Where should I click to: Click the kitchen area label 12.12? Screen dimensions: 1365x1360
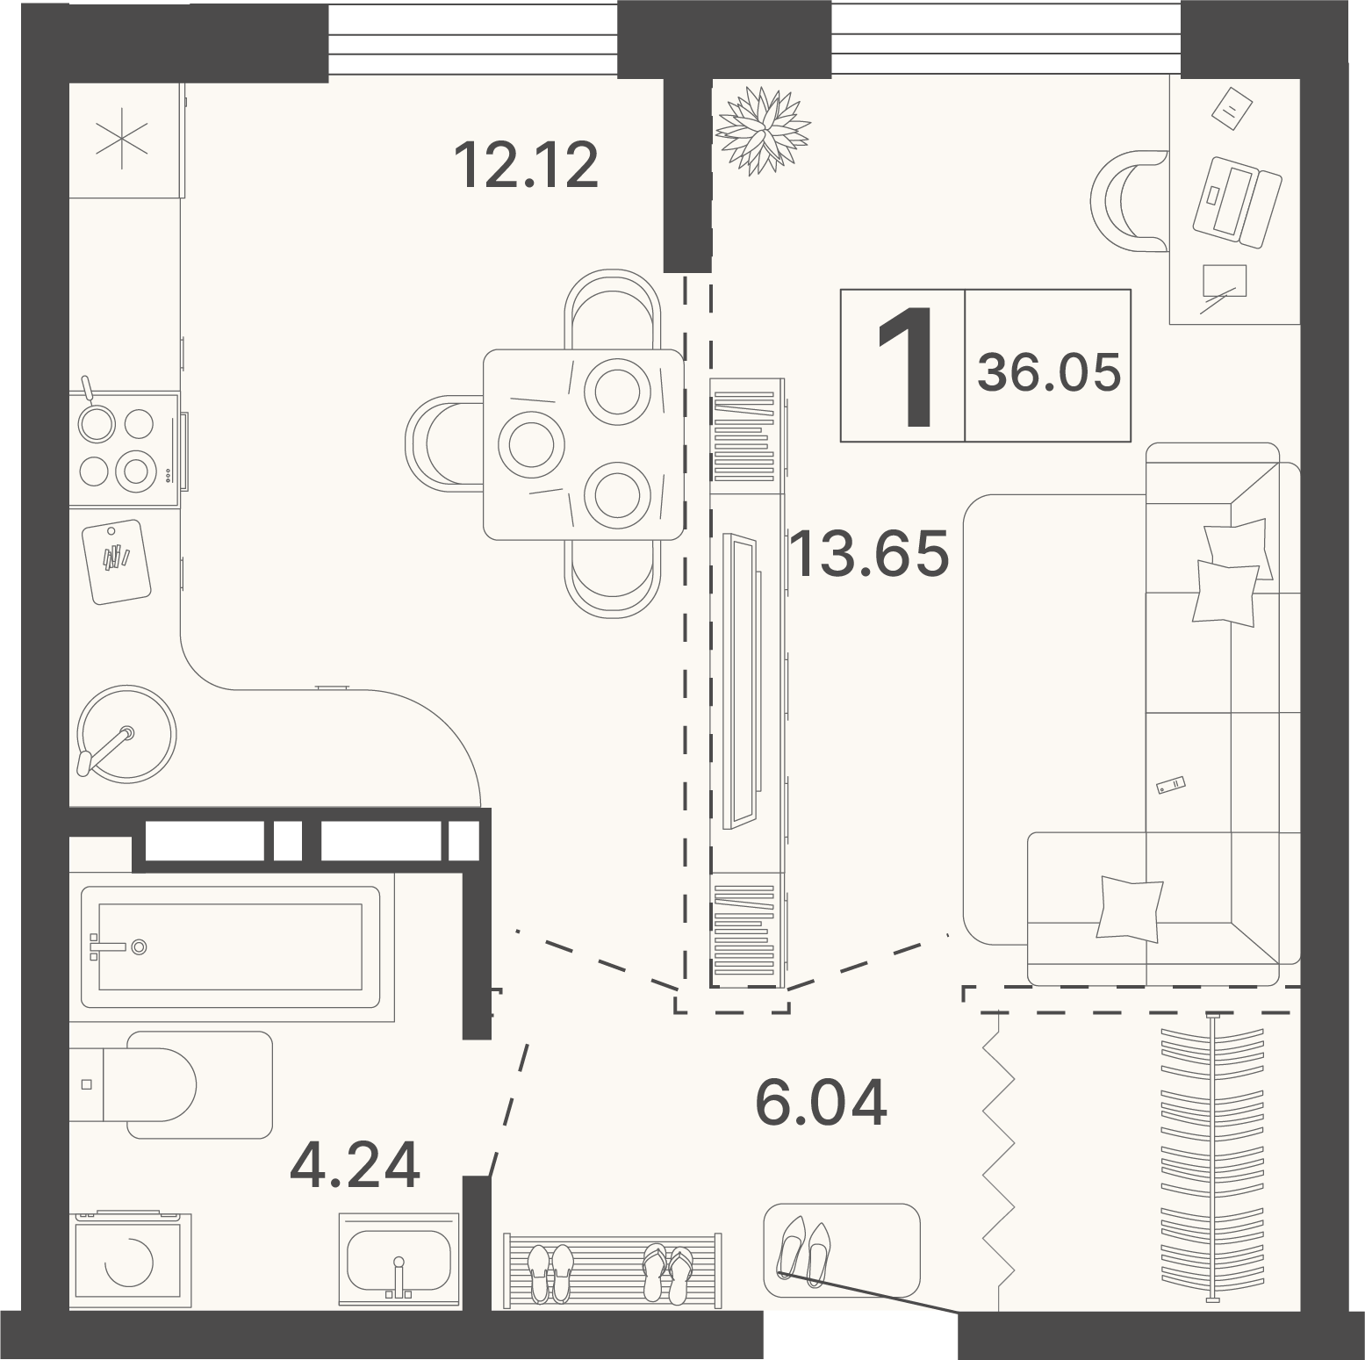[526, 164]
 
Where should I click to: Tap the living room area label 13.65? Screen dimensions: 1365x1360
[869, 552]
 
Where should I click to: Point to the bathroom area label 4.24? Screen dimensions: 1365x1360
[355, 1165]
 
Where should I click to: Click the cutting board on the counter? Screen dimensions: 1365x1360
[117, 561]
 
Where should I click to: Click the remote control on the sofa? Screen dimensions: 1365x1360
[1171, 786]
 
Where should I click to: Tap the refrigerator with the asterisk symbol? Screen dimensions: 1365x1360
[125, 140]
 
